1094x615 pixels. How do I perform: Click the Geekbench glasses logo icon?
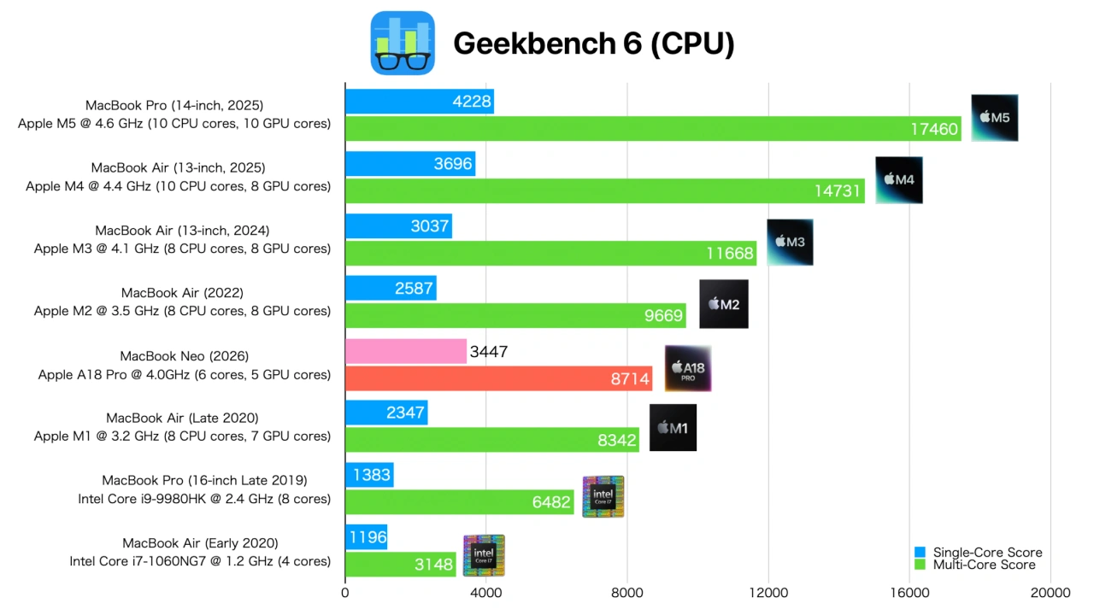pos(403,43)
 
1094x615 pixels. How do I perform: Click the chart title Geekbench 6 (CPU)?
pos(593,44)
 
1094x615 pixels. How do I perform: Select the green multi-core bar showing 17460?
pos(653,129)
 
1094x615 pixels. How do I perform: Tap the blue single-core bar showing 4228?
pos(419,102)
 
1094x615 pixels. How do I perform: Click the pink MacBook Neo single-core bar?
pos(405,351)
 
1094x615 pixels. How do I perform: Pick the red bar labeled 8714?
pos(498,378)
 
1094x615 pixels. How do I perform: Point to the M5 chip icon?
pos(995,118)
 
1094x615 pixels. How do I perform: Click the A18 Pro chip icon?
pos(688,368)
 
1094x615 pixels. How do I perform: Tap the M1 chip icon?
pos(673,428)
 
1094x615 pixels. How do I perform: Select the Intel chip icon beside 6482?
pos(603,496)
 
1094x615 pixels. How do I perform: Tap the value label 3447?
pos(489,351)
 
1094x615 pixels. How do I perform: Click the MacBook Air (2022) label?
pos(182,293)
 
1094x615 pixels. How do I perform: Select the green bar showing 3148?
pos(400,565)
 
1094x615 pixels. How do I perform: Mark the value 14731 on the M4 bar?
pos(837,191)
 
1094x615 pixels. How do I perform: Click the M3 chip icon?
pos(790,242)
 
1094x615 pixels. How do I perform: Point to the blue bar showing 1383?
pos(369,475)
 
